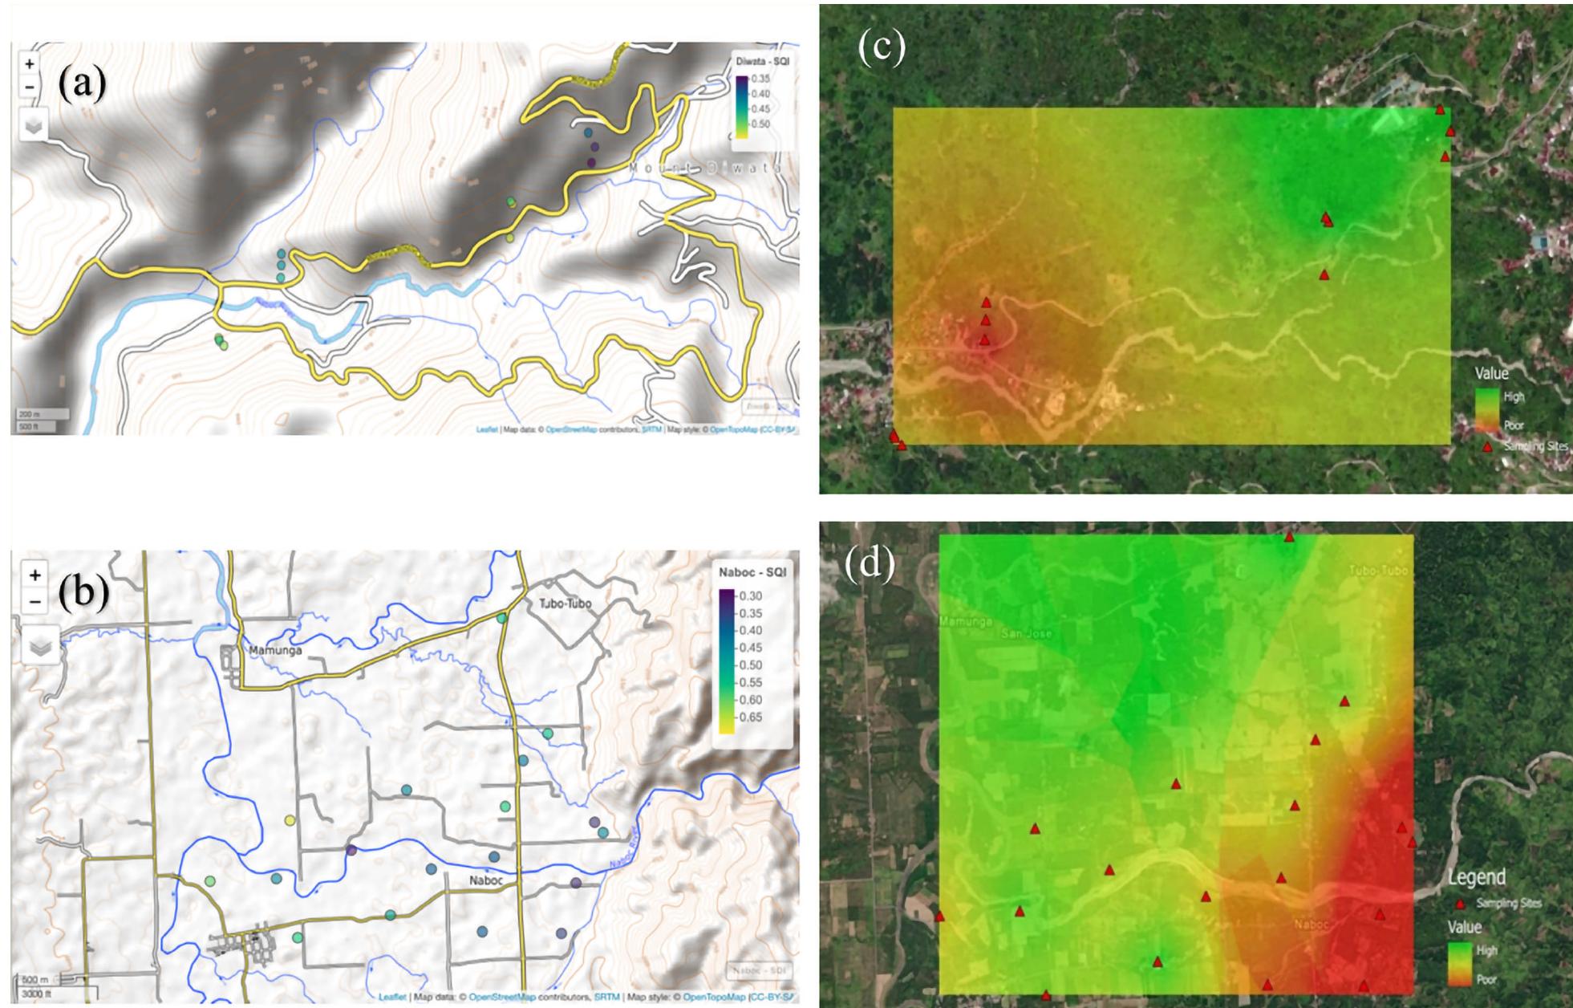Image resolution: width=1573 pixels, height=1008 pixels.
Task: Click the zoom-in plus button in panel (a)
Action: click(30, 63)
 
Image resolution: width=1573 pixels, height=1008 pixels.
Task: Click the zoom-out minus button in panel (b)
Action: click(34, 600)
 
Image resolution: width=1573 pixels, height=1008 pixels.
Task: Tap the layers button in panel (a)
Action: click(34, 126)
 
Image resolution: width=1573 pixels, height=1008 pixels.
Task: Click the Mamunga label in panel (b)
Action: click(275, 650)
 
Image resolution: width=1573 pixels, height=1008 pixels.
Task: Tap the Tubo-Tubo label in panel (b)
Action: click(554, 603)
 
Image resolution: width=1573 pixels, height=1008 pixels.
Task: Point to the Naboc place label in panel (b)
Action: click(485, 880)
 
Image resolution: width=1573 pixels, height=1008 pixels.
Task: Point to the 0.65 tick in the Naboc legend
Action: click(751, 717)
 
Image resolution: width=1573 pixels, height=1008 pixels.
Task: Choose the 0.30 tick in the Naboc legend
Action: click(751, 596)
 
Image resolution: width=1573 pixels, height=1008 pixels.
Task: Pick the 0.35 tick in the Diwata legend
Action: click(760, 79)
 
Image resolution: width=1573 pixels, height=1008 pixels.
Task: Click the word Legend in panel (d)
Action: click(1476, 877)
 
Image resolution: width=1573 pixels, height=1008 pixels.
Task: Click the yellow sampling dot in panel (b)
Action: click(290, 820)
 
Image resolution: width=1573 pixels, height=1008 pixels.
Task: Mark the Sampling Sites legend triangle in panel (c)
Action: click(1487, 447)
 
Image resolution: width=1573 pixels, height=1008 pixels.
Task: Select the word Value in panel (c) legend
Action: click(1491, 373)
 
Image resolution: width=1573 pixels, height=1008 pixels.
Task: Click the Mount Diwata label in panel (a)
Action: click(705, 168)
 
